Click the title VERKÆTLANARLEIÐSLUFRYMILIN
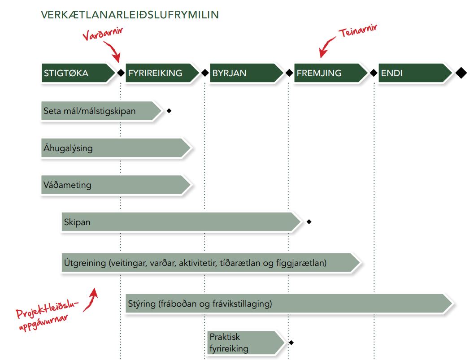point(130,15)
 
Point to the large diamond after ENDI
point(461,73)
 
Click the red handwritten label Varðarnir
point(103,35)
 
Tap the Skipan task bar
point(179,222)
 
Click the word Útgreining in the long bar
point(85,263)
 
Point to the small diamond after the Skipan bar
point(309,222)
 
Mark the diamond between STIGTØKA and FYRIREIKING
point(121,73)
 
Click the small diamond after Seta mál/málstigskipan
point(169,111)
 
